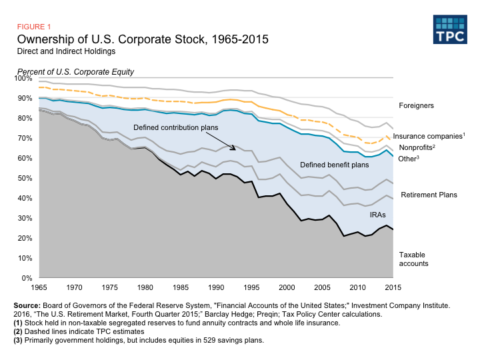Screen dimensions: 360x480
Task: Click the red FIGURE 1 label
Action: (x=34, y=27)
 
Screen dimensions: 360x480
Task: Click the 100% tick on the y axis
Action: (x=23, y=79)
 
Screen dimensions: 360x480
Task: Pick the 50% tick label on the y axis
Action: (x=25, y=179)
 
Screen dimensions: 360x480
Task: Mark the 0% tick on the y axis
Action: (x=27, y=278)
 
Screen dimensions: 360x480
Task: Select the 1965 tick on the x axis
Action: (x=39, y=287)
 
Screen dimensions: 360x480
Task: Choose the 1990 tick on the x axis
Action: (x=216, y=287)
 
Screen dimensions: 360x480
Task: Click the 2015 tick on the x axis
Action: (x=393, y=287)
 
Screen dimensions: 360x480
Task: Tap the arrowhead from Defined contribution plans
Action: (x=234, y=148)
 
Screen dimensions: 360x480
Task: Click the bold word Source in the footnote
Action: (x=27, y=304)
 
